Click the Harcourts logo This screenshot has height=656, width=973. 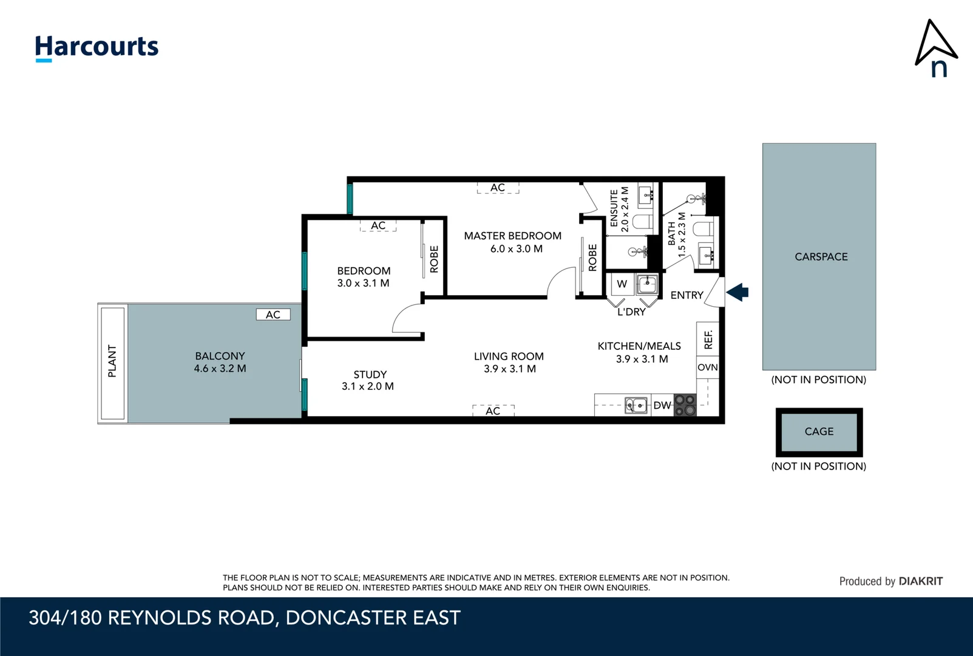click(x=97, y=48)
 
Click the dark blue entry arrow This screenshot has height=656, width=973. click(x=737, y=292)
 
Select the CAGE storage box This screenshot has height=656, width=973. click(x=819, y=432)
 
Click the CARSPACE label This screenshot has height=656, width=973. click(x=821, y=257)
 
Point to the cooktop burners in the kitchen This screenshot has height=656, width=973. click(x=685, y=405)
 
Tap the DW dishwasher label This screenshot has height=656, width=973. click(x=662, y=406)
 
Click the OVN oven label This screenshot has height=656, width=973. click(x=708, y=367)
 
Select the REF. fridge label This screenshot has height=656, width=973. click(x=708, y=340)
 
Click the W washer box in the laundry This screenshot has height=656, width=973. click(x=622, y=284)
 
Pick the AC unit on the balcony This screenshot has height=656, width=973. click(x=273, y=314)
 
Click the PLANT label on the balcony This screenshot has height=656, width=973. click(x=112, y=361)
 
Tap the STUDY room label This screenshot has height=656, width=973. click(x=370, y=374)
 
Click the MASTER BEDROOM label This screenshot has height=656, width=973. click(x=512, y=236)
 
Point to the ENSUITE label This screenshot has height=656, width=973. click(x=614, y=208)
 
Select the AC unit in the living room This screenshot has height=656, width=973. click(x=493, y=411)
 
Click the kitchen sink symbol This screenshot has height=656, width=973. click(x=636, y=406)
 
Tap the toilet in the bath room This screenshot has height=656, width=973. click(x=703, y=228)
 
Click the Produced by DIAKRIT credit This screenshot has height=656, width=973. click(x=891, y=581)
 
